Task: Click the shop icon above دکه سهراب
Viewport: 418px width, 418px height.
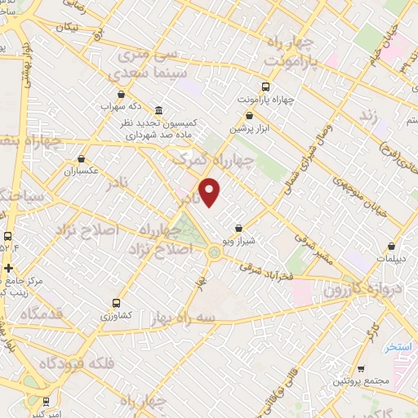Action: click(x=121, y=94)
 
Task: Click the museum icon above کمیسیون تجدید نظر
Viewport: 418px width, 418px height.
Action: click(x=158, y=110)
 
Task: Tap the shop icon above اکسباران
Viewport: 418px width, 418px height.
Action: click(x=81, y=159)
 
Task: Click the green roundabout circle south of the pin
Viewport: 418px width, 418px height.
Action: click(x=215, y=252)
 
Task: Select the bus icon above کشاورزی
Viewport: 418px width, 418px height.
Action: click(x=118, y=303)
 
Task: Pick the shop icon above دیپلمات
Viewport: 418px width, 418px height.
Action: click(x=393, y=245)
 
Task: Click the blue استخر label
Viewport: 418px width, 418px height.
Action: click(x=399, y=347)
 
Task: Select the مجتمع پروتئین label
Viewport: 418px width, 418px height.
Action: click(x=356, y=382)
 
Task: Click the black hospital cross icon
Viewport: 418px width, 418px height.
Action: click(x=8, y=268)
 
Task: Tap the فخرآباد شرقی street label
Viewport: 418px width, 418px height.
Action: click(x=265, y=269)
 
